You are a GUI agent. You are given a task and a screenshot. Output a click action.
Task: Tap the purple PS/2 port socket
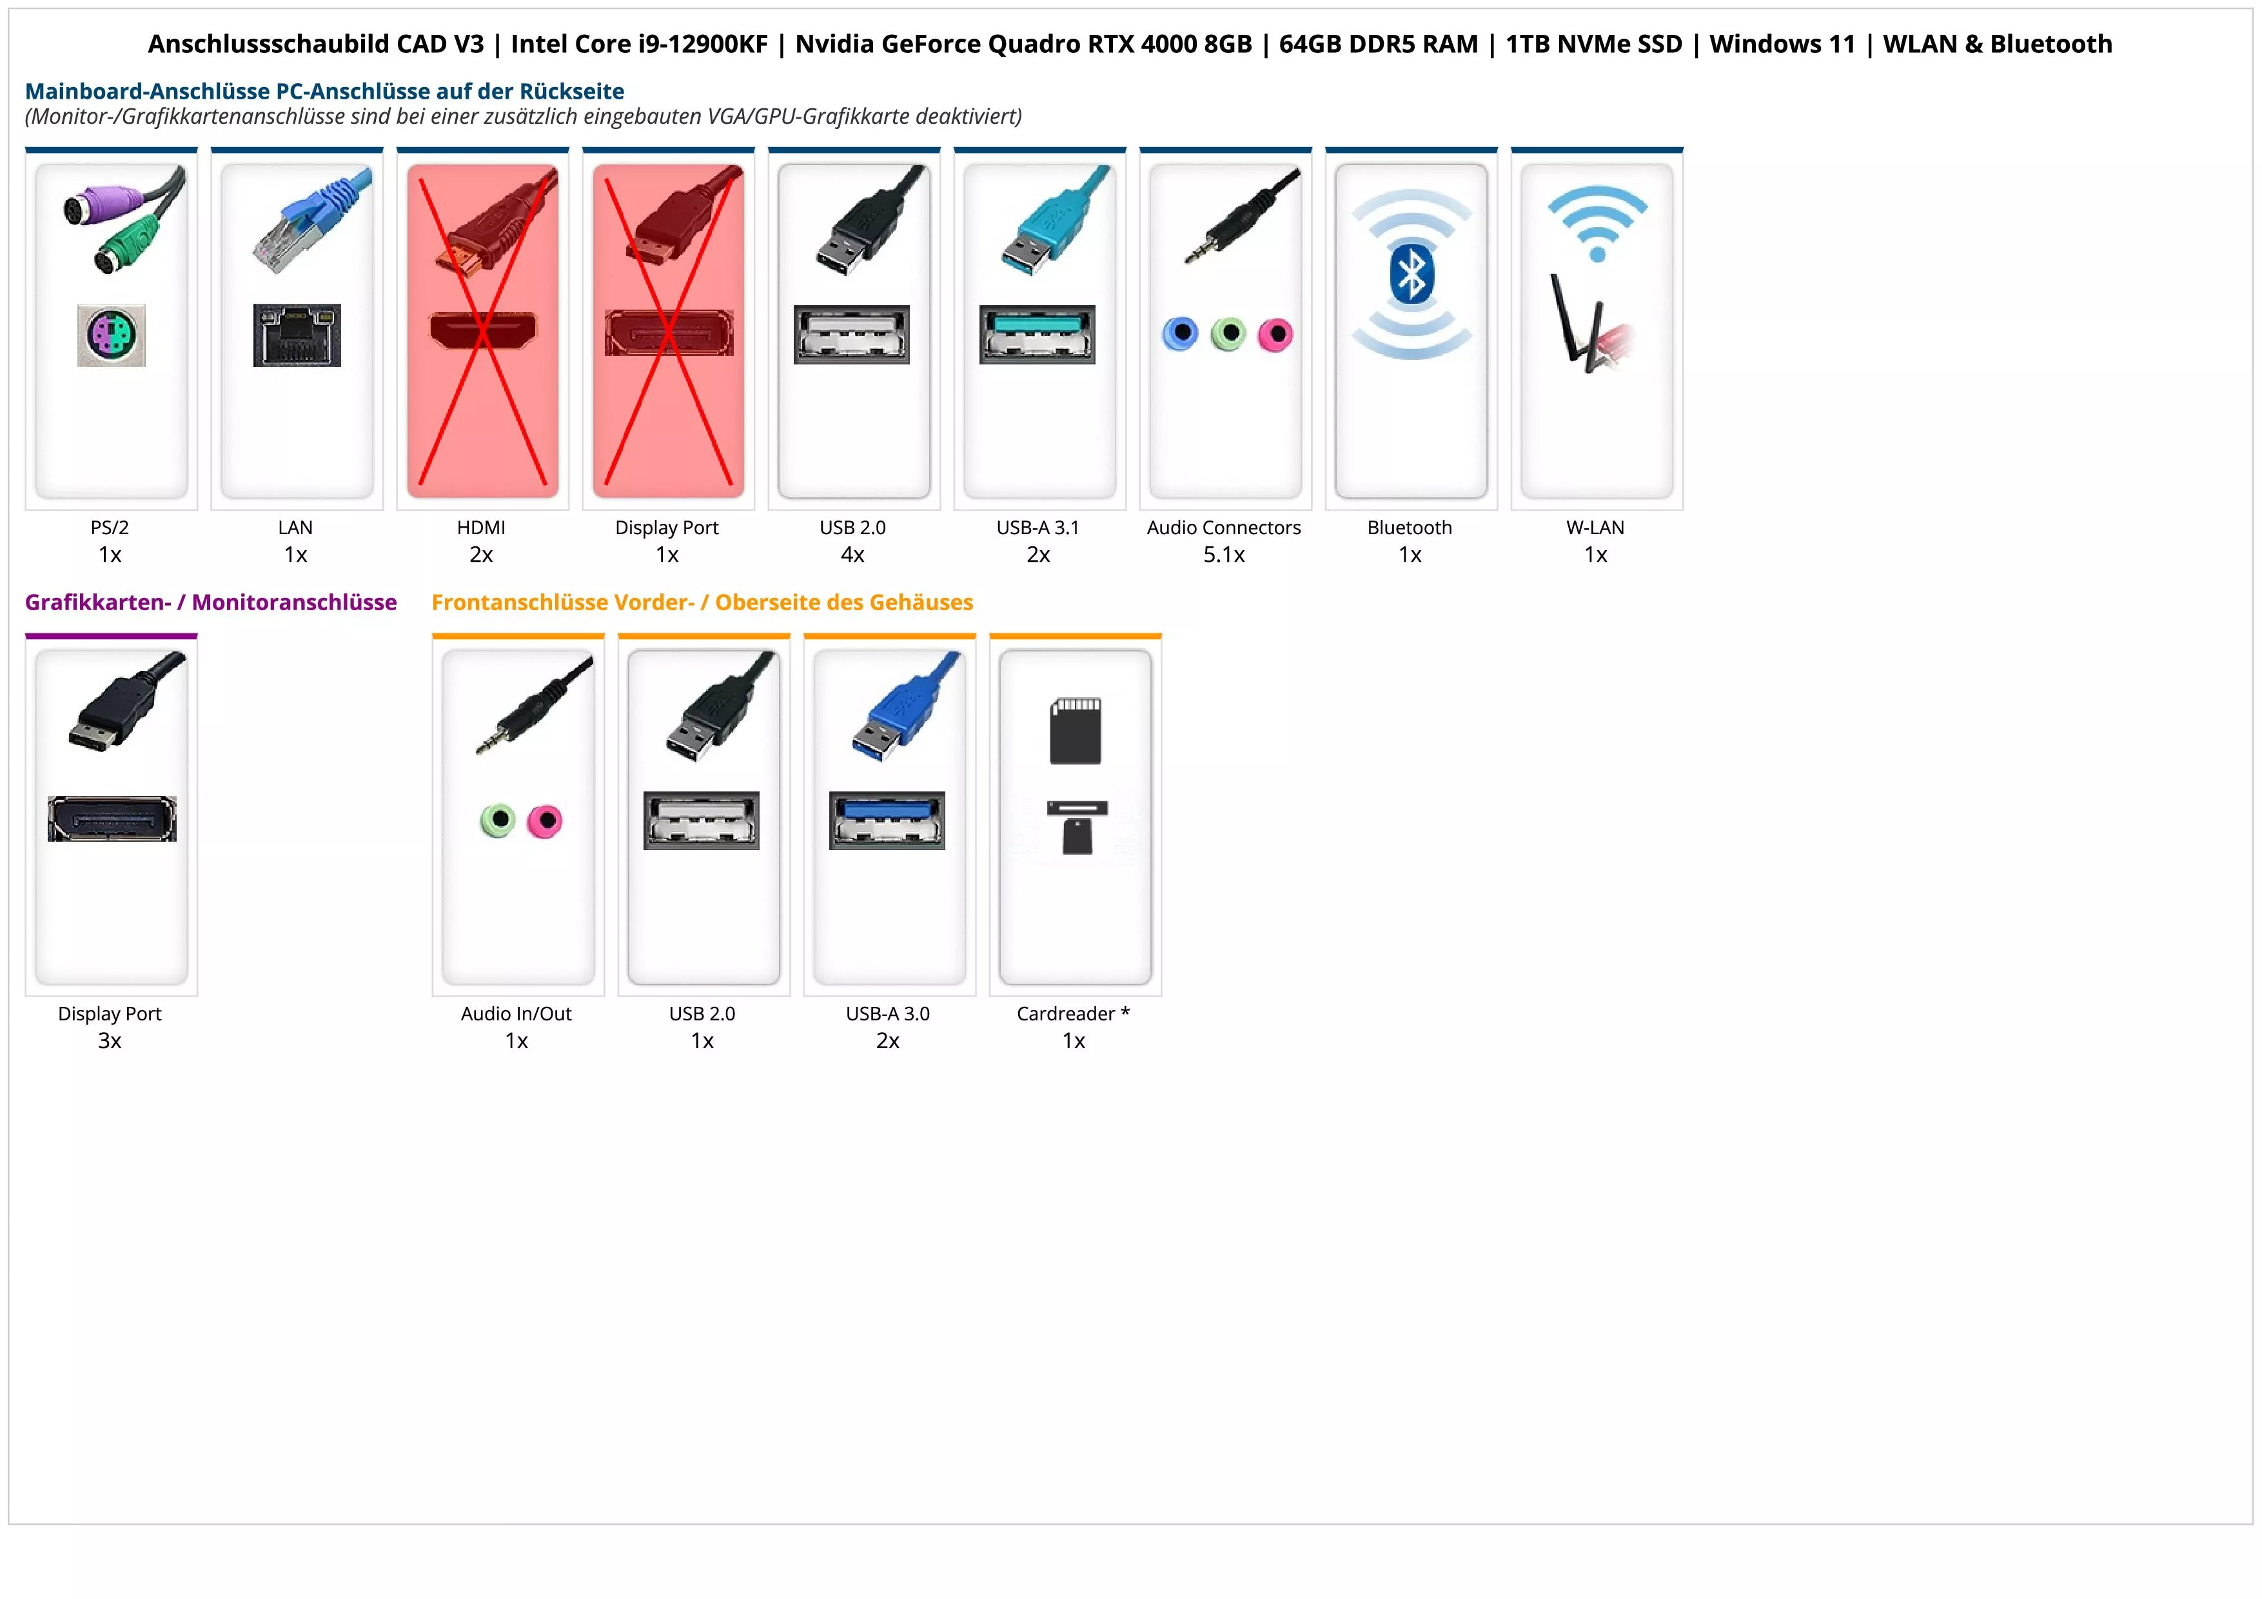pos(112,335)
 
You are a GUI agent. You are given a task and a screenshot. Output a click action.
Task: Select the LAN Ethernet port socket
pos(297,335)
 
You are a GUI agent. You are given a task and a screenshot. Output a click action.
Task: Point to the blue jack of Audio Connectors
pos(1180,334)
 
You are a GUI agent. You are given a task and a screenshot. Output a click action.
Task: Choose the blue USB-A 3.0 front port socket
pos(887,820)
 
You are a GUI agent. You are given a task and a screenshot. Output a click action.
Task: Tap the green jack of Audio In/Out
pos(498,820)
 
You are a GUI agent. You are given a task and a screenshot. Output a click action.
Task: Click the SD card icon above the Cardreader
pos(1075,731)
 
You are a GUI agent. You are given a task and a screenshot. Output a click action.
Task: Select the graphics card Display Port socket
pos(112,819)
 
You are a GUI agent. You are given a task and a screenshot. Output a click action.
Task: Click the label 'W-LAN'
pos(1595,527)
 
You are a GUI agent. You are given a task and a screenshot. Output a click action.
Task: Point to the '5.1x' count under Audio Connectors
pos(1224,555)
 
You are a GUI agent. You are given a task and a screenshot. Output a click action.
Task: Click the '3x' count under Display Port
pos(110,1040)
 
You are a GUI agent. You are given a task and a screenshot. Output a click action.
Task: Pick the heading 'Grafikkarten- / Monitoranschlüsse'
pos(211,602)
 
